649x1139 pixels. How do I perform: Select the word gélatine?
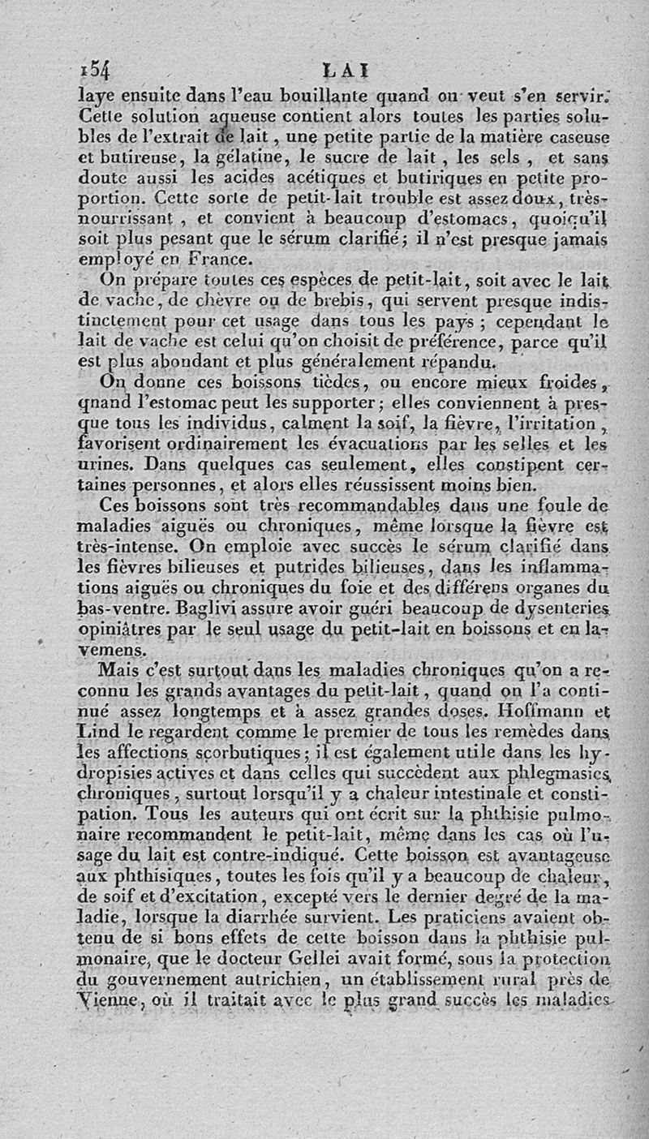coord(217,156)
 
